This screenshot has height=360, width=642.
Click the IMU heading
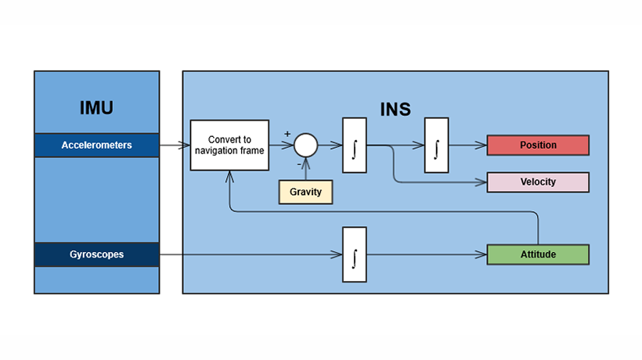coord(96,108)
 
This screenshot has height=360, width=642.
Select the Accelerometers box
coord(97,145)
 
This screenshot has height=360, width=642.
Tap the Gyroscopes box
coord(97,254)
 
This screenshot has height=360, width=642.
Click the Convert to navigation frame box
coord(229,145)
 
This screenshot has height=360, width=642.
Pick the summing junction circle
coord(305,145)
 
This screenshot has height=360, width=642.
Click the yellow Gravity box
coord(306,191)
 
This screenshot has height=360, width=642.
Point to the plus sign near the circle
coord(287,135)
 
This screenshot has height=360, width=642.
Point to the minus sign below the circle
coord(299,165)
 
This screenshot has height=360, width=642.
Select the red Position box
coord(537,145)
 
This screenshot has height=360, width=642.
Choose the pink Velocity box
coord(537,182)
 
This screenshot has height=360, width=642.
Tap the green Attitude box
coord(537,254)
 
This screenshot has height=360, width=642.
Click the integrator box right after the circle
coord(355,145)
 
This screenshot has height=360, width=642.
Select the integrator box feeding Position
coord(436,145)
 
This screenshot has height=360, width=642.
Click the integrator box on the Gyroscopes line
coord(355,254)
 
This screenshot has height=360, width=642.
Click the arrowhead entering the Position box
coord(482,145)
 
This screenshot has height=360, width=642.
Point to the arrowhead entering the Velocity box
coord(482,182)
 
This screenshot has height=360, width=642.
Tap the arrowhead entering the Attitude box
coord(482,254)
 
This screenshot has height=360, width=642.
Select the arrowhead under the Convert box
coord(229,175)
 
